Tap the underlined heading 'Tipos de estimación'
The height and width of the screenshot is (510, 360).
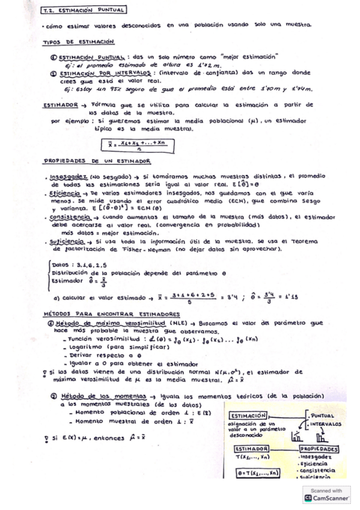[x=78, y=42]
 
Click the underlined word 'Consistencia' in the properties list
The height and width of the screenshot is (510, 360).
[x=66, y=215]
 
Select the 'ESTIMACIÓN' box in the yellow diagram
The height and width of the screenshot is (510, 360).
[x=248, y=416]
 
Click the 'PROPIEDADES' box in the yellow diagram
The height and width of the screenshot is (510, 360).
[x=319, y=449]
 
